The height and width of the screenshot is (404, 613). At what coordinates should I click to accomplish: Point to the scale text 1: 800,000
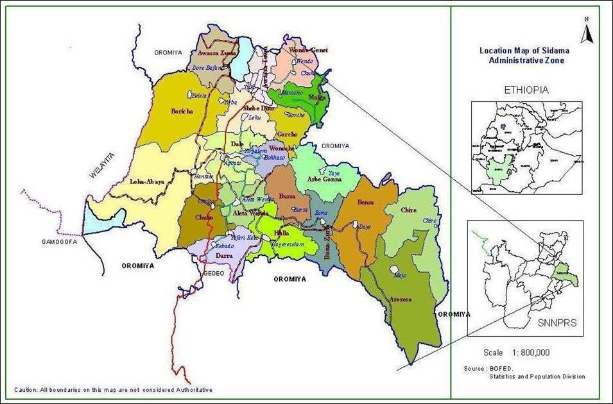pyautogui.click(x=516, y=353)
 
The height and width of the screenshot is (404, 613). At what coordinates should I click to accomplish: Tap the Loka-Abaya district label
pyautogui.click(x=147, y=181)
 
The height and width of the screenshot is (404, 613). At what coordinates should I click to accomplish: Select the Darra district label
pyautogui.click(x=223, y=255)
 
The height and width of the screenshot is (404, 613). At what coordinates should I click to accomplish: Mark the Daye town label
pyautogui.click(x=364, y=227)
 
